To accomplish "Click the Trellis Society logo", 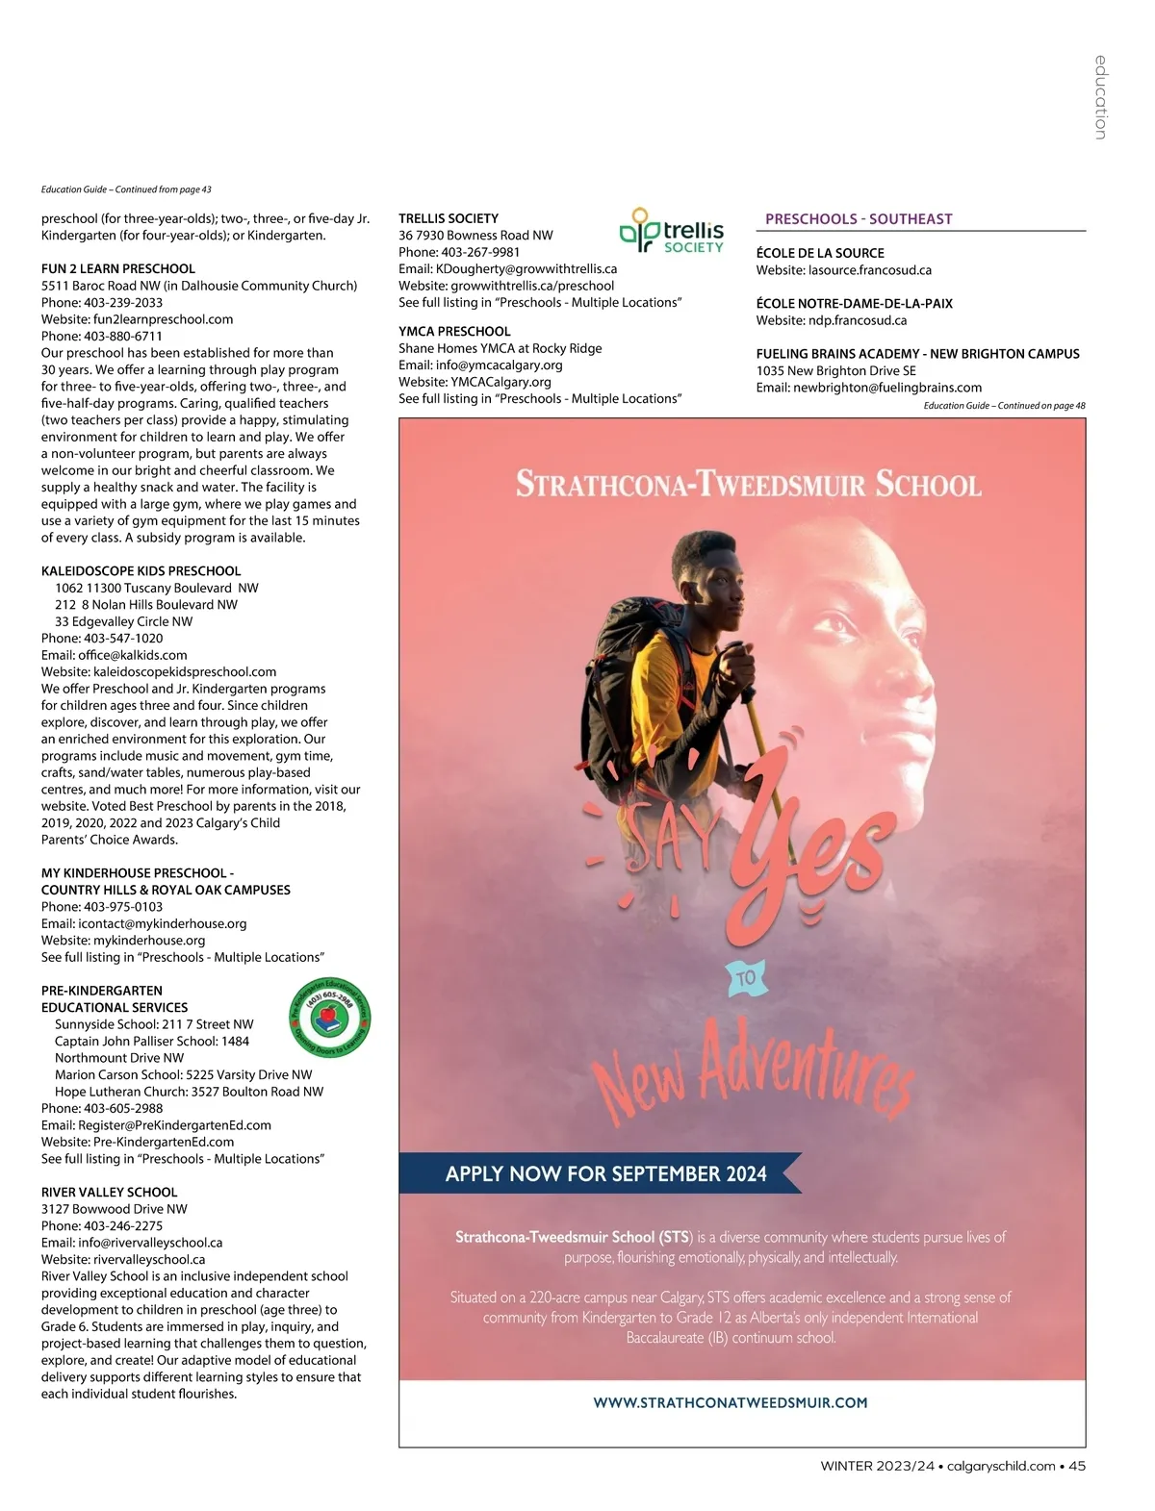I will point(671,232).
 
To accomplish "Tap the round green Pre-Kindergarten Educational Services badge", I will point(330,1018).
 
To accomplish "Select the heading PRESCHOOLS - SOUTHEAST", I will point(859,219).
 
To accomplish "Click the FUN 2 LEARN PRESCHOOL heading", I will point(118,269).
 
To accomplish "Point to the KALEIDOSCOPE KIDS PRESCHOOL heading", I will point(141,571).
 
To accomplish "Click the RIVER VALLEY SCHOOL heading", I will point(109,1193).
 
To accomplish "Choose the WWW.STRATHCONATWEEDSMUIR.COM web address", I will point(731,1403).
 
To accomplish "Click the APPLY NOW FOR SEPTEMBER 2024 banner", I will point(605,1174).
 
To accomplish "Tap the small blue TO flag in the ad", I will point(746,978).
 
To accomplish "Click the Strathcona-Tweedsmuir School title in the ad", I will point(749,483).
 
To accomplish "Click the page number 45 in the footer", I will point(1077,1467).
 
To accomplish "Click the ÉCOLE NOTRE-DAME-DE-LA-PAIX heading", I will point(854,304).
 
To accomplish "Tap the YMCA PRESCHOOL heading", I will point(454,332).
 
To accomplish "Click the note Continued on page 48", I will point(1004,406).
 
